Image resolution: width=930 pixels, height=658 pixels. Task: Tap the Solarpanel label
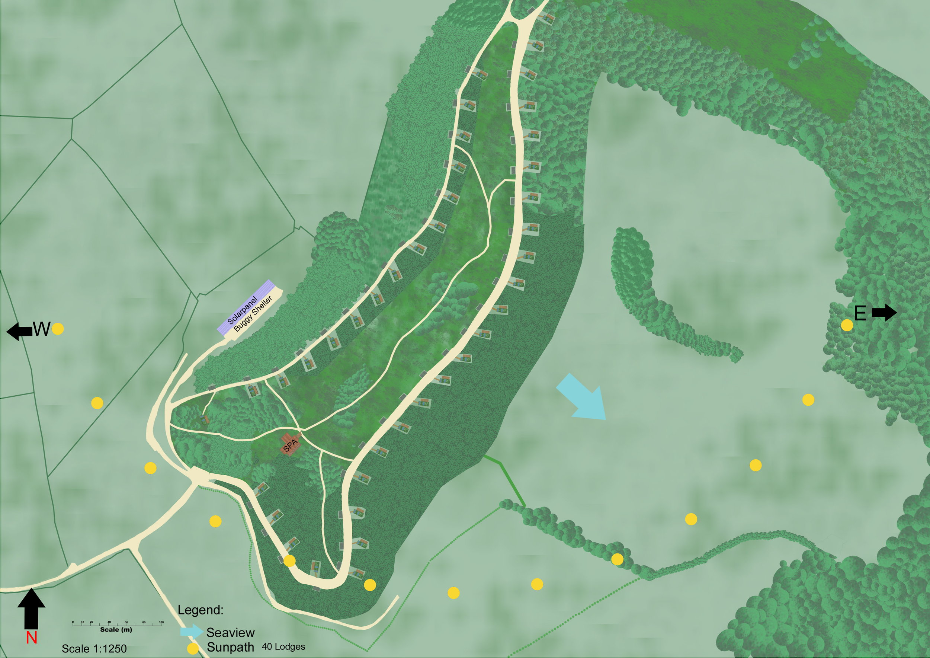click(242, 311)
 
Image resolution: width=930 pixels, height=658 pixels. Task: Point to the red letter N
click(31, 638)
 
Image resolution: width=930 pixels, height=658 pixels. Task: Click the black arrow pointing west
click(19, 332)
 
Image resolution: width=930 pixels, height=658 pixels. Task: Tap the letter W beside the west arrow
click(41, 329)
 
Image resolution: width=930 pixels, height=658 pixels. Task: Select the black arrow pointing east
click(884, 312)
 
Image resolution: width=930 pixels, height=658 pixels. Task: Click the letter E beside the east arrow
click(860, 313)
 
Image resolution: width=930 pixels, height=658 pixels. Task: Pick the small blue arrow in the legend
click(191, 631)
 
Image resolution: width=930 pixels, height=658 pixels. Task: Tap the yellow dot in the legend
click(193, 648)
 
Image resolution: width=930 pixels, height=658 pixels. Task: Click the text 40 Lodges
click(283, 647)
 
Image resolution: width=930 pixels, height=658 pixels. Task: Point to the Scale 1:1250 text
click(94, 649)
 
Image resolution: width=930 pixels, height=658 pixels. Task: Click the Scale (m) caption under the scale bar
click(116, 630)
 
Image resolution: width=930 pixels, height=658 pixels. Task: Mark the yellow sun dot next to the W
click(58, 329)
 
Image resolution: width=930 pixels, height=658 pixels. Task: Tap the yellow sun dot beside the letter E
click(847, 325)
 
